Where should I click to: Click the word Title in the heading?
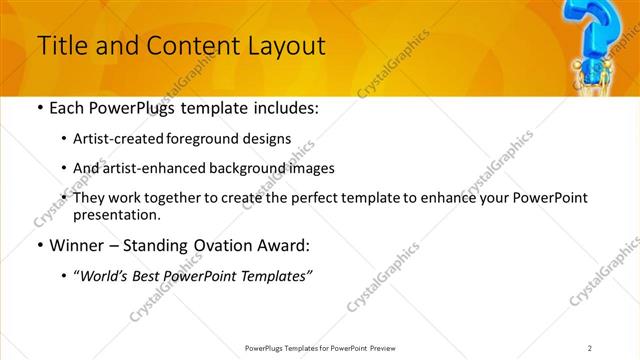click(x=61, y=45)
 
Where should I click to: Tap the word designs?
click(x=268, y=139)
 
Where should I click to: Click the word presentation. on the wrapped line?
click(x=117, y=214)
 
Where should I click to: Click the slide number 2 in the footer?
click(x=590, y=348)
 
